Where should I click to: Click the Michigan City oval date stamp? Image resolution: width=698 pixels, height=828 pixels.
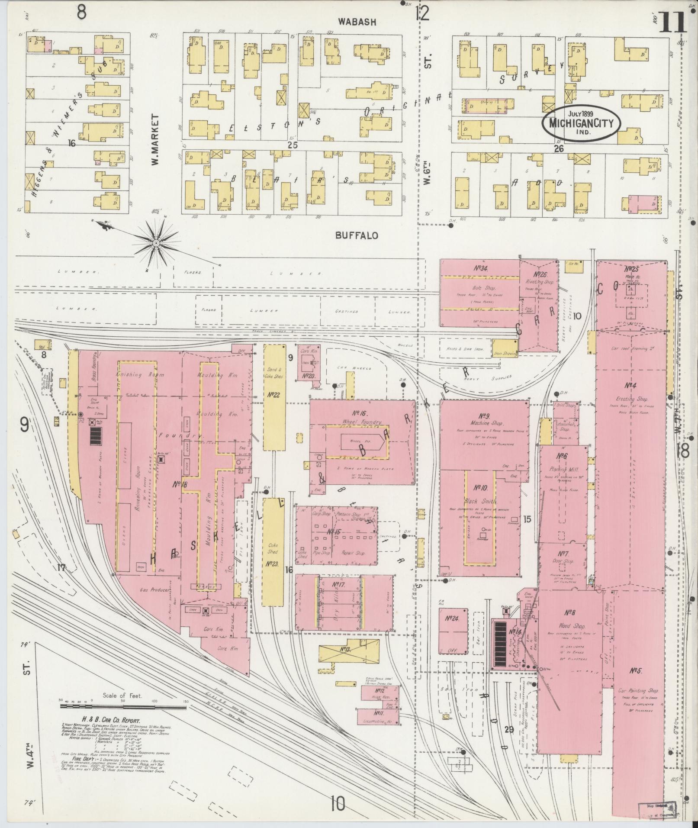pyautogui.click(x=581, y=122)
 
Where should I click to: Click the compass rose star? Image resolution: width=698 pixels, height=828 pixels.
pyautogui.click(x=155, y=245)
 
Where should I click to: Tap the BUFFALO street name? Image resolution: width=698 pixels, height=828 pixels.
pyautogui.click(x=357, y=235)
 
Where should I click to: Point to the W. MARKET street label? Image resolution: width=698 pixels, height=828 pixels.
pyautogui.click(x=154, y=139)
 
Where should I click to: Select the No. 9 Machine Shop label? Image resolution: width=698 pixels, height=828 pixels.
pyautogui.click(x=484, y=419)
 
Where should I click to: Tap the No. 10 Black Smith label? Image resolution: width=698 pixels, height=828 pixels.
pyautogui.click(x=480, y=494)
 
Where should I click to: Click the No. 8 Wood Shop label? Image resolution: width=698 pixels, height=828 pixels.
pyautogui.click(x=570, y=619)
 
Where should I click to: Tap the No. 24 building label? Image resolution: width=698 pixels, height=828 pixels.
pyautogui.click(x=452, y=619)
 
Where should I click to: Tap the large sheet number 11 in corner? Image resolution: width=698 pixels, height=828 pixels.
pyautogui.click(x=672, y=22)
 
